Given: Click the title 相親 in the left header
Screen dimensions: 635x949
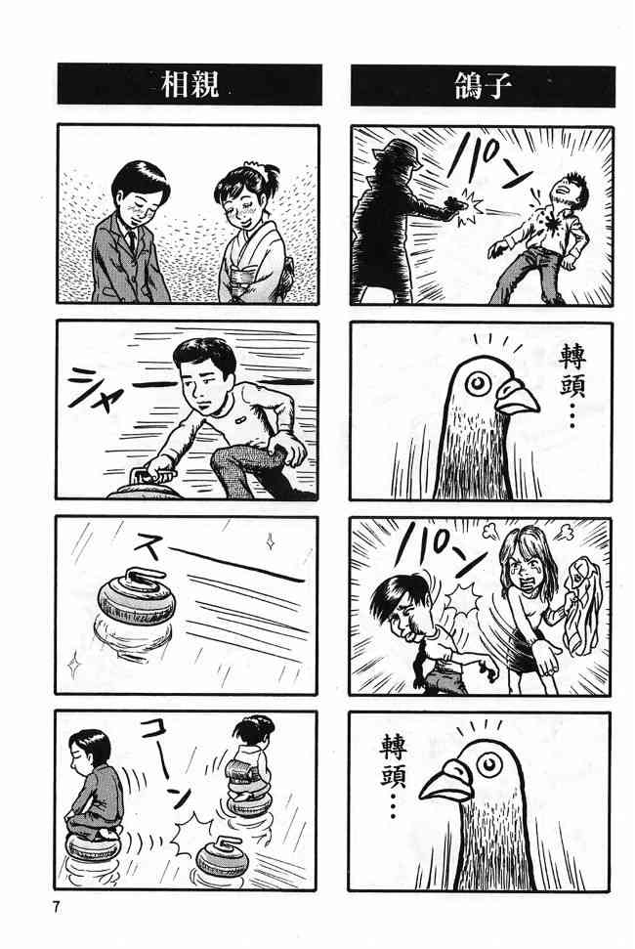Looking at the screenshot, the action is point(190,85).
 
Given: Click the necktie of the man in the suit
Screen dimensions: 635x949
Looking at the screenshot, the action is point(131,240).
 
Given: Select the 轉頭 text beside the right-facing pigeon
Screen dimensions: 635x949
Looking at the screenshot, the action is point(571,370).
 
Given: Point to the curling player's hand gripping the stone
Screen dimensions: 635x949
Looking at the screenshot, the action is point(158,466).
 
